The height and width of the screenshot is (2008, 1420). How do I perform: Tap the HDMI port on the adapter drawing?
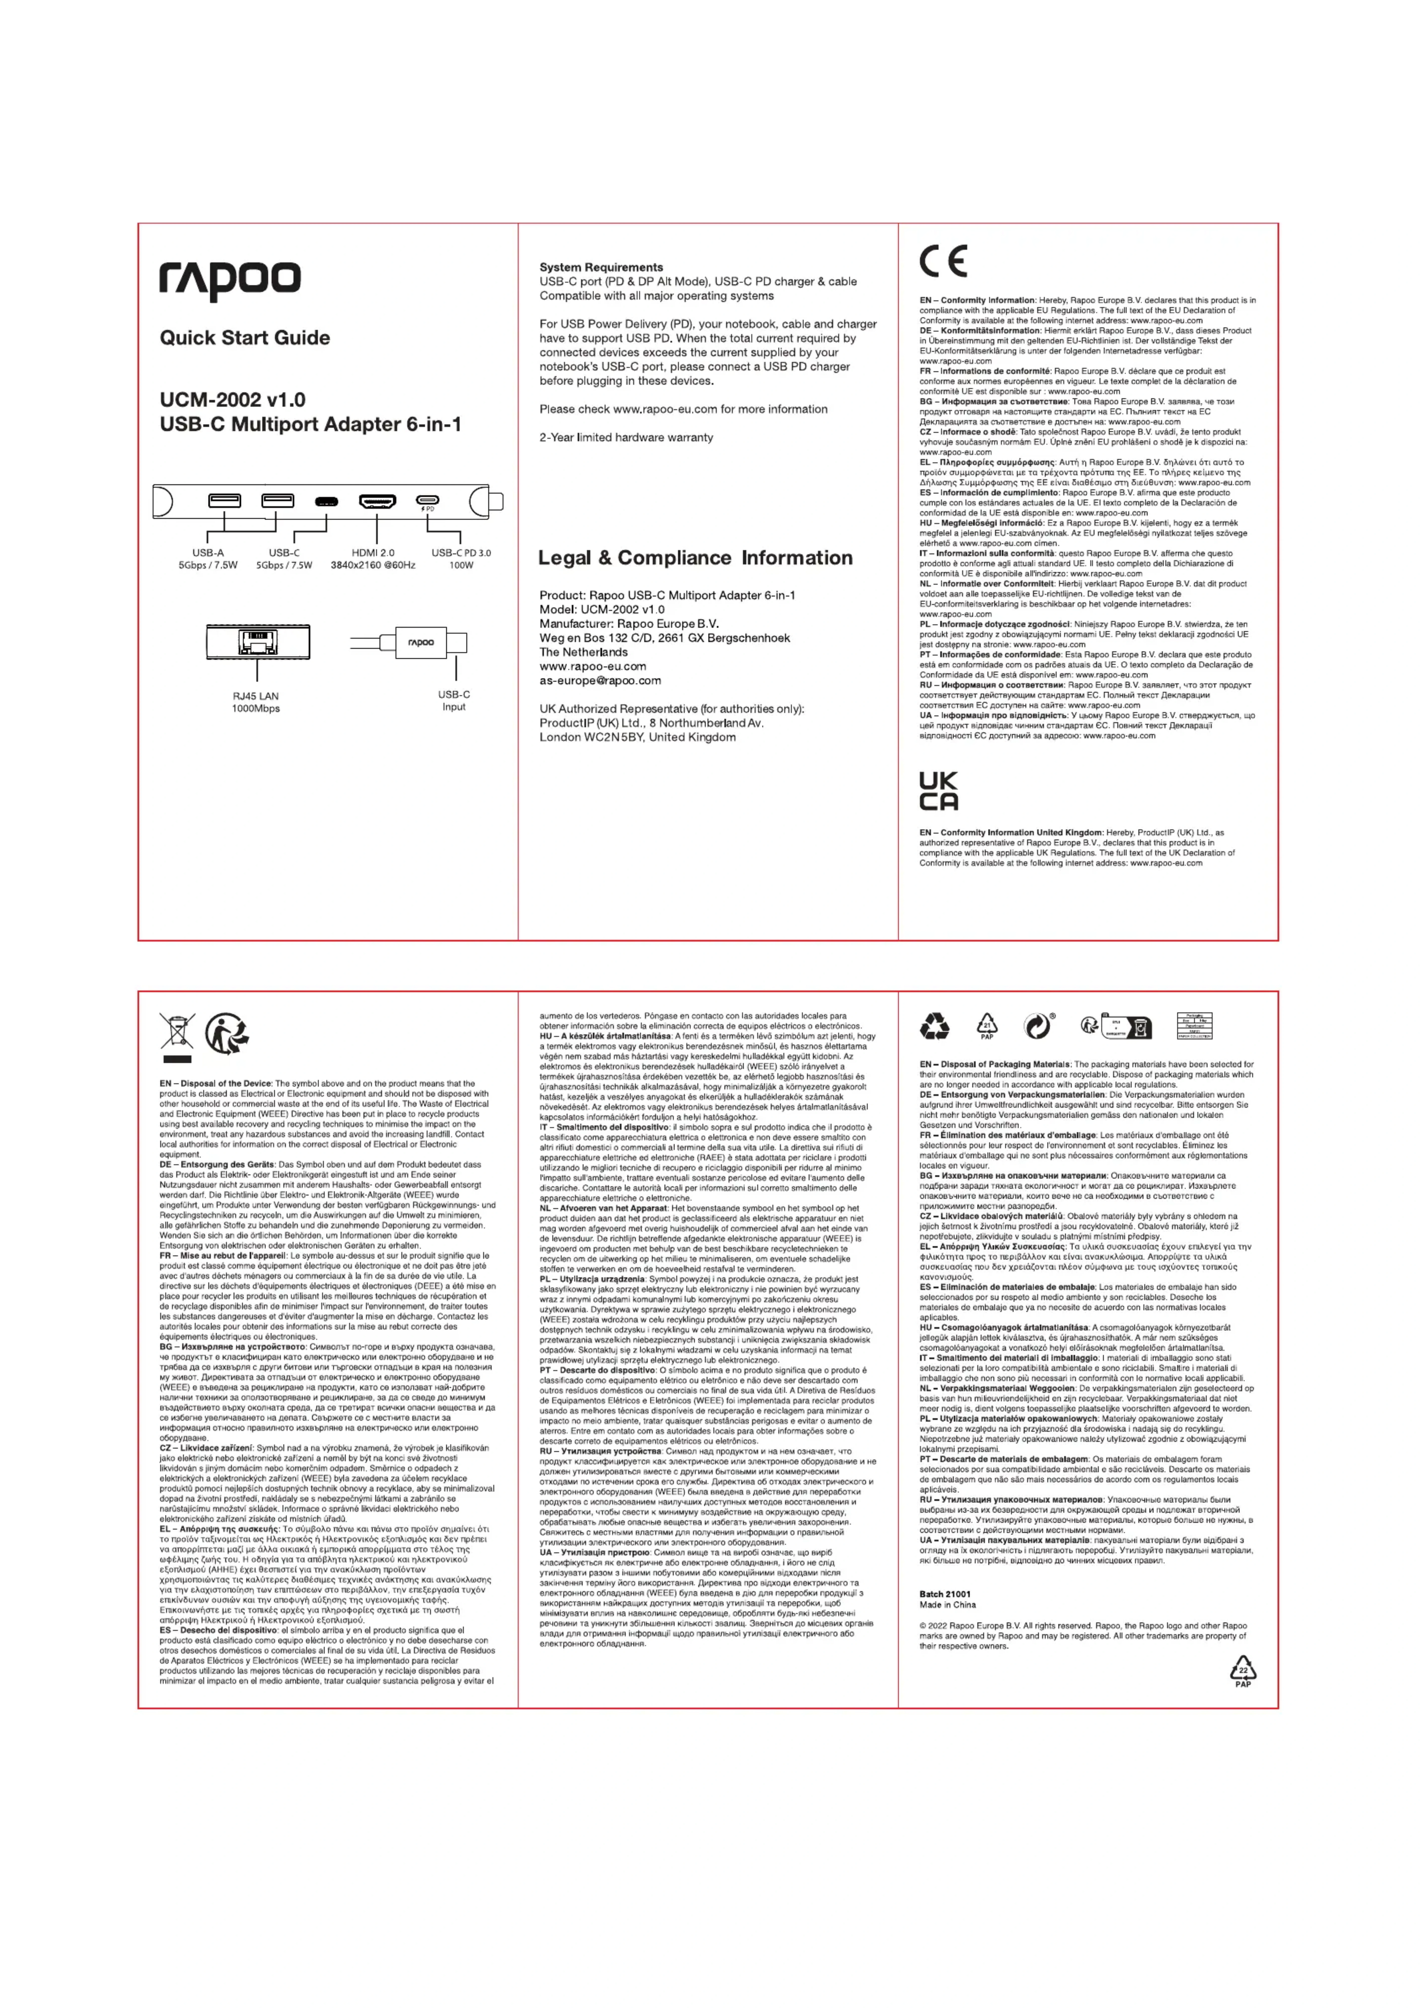pyautogui.click(x=377, y=501)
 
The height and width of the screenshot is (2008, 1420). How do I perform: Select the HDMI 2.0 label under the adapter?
pyautogui.click(x=373, y=553)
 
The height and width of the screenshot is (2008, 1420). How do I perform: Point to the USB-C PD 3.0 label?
pyautogui.click(x=461, y=553)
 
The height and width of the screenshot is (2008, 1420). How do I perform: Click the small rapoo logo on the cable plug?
pyautogui.click(x=421, y=643)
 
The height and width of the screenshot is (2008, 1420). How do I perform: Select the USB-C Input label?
pyautogui.click(x=454, y=701)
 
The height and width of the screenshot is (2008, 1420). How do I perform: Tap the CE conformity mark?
pyautogui.click(x=943, y=261)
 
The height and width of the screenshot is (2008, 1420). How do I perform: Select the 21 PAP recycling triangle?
pyautogui.click(x=987, y=1026)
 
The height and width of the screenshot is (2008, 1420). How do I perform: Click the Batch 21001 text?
pyautogui.click(x=945, y=1594)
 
